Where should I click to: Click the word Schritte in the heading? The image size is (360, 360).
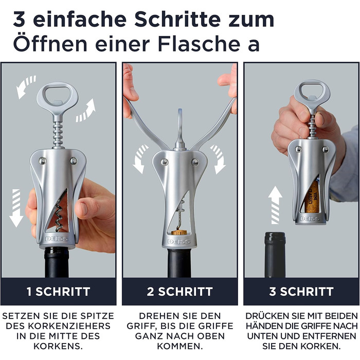pos(177,20)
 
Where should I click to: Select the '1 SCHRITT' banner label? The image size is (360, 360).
pos(59,292)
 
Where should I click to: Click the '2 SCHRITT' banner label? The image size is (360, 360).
pos(180,292)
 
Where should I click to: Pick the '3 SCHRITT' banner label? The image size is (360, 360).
pos(301,292)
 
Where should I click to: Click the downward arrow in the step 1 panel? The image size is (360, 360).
pos(16,208)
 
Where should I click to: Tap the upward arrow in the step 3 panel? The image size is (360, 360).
pos(275,205)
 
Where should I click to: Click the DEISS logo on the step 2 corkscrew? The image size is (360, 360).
pos(179,242)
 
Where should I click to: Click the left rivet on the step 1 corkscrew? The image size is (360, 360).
pos(42,160)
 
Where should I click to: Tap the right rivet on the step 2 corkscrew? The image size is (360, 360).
pos(195,162)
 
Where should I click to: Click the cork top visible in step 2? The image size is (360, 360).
pos(180,232)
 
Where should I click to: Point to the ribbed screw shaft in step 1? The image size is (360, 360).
pos(58,134)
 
